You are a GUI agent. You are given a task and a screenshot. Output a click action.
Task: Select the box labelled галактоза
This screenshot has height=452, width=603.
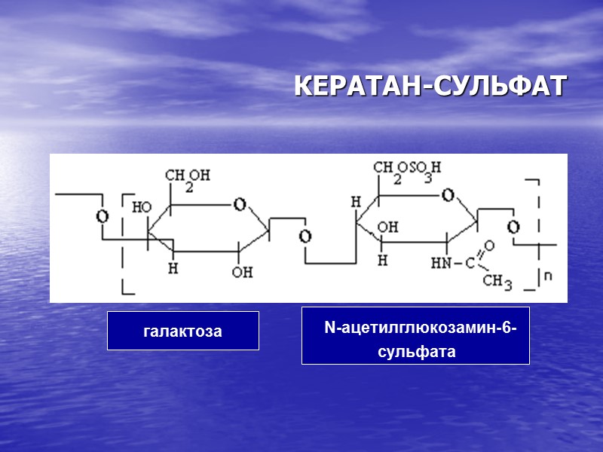(x=183, y=331)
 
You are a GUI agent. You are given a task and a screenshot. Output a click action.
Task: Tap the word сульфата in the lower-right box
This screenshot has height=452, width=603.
(x=417, y=351)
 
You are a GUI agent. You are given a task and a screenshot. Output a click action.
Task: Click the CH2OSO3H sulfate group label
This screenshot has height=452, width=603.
(x=406, y=169)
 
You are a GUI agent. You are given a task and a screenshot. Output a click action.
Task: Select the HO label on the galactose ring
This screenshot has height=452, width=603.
(x=141, y=206)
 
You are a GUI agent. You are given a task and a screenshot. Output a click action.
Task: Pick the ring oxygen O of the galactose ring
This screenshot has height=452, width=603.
(x=239, y=203)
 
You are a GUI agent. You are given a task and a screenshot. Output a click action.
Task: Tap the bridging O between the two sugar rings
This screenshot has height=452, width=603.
(x=305, y=237)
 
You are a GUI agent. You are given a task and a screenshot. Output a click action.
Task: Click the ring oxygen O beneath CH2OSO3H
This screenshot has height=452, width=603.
(x=448, y=197)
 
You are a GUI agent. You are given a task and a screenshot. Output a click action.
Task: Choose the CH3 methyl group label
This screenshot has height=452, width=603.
(x=497, y=281)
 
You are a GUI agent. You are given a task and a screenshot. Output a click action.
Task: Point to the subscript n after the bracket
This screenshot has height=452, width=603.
(x=548, y=276)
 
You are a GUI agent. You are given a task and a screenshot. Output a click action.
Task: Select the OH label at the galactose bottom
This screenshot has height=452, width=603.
(x=242, y=272)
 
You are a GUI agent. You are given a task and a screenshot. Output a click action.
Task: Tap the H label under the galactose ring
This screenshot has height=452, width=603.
(x=173, y=268)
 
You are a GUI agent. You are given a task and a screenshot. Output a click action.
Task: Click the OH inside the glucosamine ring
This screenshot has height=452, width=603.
(x=388, y=227)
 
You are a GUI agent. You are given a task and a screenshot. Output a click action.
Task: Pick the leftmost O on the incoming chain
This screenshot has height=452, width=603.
(x=102, y=217)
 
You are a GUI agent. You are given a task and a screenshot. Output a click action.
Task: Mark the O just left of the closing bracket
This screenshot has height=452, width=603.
(x=513, y=227)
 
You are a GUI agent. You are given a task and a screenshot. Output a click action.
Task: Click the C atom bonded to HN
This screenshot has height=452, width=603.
(x=469, y=264)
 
